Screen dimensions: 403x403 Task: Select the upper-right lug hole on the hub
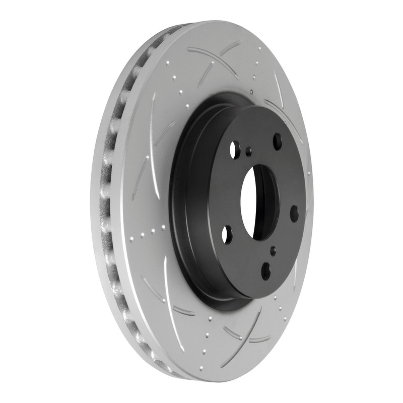(x=277, y=141)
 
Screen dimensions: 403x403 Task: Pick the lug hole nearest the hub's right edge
(x=294, y=213)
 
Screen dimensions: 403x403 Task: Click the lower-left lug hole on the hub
(x=227, y=234)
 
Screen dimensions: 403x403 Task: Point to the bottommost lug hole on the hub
(x=265, y=271)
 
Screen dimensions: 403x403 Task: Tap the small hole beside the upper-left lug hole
(x=248, y=150)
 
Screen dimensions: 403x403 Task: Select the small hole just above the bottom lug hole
(x=273, y=250)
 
